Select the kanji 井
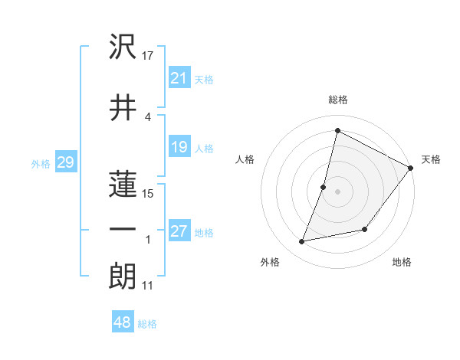tap(123, 107)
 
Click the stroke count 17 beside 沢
tap(148, 56)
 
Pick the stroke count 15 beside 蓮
tap(148, 193)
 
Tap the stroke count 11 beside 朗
tap(147, 286)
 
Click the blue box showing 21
tap(179, 77)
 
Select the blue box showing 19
tap(179, 147)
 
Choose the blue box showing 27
tap(179, 231)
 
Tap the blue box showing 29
tap(65, 162)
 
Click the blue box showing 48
tap(123, 322)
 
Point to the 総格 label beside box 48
tap(147, 324)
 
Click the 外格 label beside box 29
tap(41, 163)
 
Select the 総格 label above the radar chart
tap(337, 100)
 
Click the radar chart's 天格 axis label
tap(431, 159)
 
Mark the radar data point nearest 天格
tap(411, 169)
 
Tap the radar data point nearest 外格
tap(302, 242)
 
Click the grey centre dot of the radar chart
tap(337, 191)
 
